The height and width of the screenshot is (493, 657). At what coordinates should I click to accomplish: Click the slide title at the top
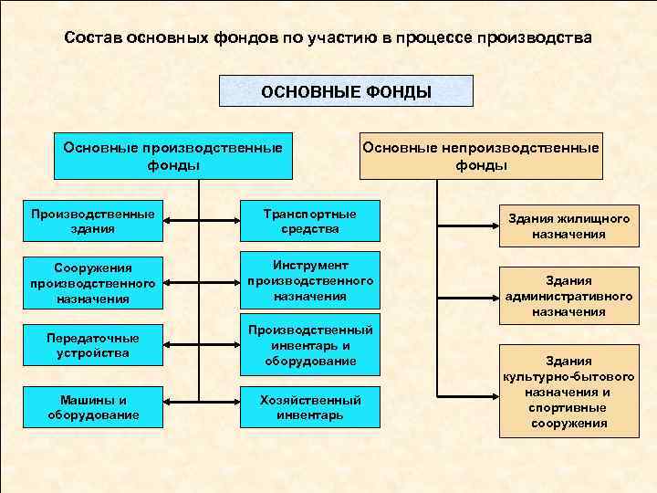tap(328, 39)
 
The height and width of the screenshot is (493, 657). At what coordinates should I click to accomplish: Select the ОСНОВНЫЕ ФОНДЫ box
tap(347, 91)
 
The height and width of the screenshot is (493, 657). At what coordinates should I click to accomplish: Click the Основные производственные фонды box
tap(173, 156)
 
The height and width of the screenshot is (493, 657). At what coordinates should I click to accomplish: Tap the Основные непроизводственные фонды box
tap(481, 156)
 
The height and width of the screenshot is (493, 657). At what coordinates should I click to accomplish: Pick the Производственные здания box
tap(92, 221)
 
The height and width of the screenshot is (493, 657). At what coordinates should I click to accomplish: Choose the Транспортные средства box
tap(310, 221)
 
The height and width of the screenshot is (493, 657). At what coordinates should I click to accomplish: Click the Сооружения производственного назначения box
tap(92, 283)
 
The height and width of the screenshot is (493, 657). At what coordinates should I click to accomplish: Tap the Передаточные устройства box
tap(92, 345)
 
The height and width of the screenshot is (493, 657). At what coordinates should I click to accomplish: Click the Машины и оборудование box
tap(92, 407)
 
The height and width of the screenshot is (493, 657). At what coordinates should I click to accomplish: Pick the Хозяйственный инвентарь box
tap(310, 407)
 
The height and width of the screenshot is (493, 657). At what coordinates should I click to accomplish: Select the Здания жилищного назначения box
tap(568, 226)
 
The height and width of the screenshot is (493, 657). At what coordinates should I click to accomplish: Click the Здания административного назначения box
tap(568, 296)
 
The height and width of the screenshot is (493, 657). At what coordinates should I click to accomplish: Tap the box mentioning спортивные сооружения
tap(568, 392)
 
